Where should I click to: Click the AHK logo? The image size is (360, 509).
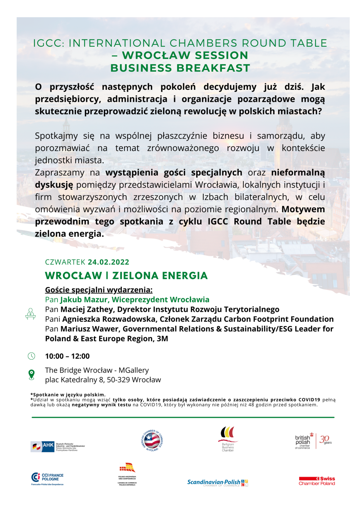tap(58, 447)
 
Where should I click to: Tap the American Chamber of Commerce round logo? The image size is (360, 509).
tap(152, 440)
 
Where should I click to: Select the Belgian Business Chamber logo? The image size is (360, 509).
tap(228, 439)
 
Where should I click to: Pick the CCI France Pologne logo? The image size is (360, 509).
tap(47, 478)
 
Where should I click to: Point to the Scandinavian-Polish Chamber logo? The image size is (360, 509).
tap(218, 483)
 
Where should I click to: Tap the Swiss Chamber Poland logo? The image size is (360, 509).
tap(317, 481)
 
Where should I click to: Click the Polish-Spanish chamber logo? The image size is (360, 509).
tap(127, 473)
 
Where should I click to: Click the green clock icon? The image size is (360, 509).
tap(31, 356)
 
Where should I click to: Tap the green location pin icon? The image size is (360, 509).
tap(31, 375)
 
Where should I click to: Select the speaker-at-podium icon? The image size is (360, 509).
tap(30, 314)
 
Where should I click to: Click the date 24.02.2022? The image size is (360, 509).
tap(108, 262)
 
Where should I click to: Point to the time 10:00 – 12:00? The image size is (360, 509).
tap(67, 356)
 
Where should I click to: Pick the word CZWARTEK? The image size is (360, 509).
tap(65, 262)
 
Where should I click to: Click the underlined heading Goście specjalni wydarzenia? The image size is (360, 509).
tap(99, 290)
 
